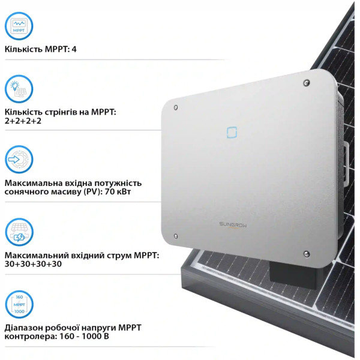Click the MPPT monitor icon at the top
point(19,26)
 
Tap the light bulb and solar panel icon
point(19,89)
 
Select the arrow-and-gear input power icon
point(19,160)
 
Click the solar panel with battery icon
point(19,232)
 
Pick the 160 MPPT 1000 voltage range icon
point(19,304)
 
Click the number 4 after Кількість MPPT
point(74,49)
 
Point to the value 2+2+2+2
point(23,121)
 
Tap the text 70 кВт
point(118,191)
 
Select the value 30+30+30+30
point(33,264)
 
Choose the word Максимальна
point(31,183)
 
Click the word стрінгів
point(59,113)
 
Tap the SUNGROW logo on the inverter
point(233,224)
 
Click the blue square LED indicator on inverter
point(232,133)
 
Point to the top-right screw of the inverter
point(307,83)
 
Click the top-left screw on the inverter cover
point(176,107)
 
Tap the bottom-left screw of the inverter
point(176,236)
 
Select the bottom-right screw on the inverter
point(306,254)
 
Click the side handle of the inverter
point(346,163)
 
